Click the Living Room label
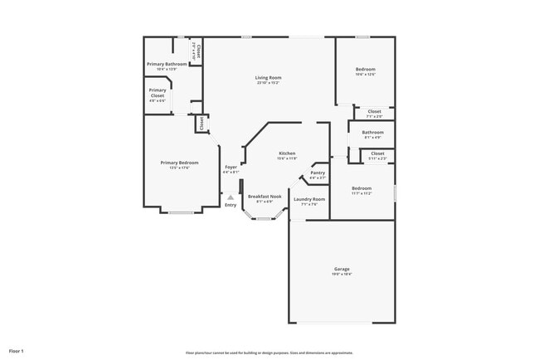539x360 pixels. point(268,78)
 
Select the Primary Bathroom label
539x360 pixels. point(168,64)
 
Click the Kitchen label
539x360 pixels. point(287,153)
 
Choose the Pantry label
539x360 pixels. point(318,173)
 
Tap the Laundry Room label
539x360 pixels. point(308,199)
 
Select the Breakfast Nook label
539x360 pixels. point(265,197)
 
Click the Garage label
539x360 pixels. point(342,270)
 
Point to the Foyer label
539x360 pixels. point(231,168)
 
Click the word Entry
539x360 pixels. point(231,205)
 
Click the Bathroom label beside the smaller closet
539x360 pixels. point(372,132)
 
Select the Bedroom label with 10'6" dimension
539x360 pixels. point(366,70)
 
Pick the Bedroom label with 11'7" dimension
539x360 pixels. point(361,188)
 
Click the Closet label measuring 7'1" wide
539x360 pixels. point(374,111)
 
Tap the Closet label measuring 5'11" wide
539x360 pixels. point(377,153)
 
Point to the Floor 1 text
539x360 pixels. point(17,352)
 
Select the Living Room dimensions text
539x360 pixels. point(268,83)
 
